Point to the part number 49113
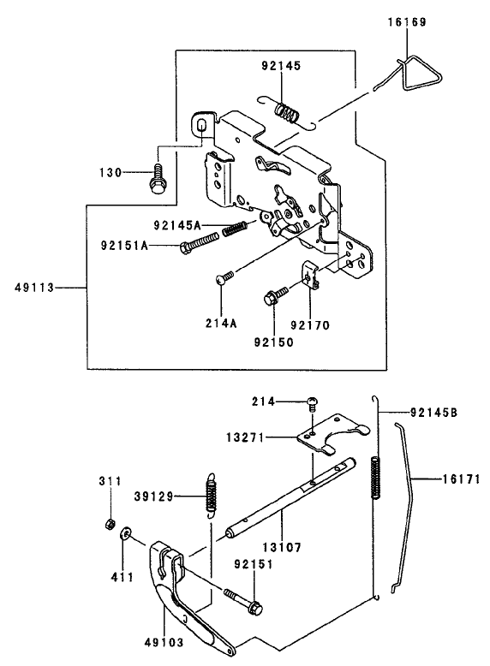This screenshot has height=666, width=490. point(33,289)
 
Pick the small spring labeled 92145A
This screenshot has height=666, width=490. point(235,229)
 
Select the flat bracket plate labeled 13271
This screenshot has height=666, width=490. point(330,433)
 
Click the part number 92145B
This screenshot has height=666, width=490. point(433,413)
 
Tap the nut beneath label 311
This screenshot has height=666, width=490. point(109,523)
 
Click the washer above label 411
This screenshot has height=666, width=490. point(126,535)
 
